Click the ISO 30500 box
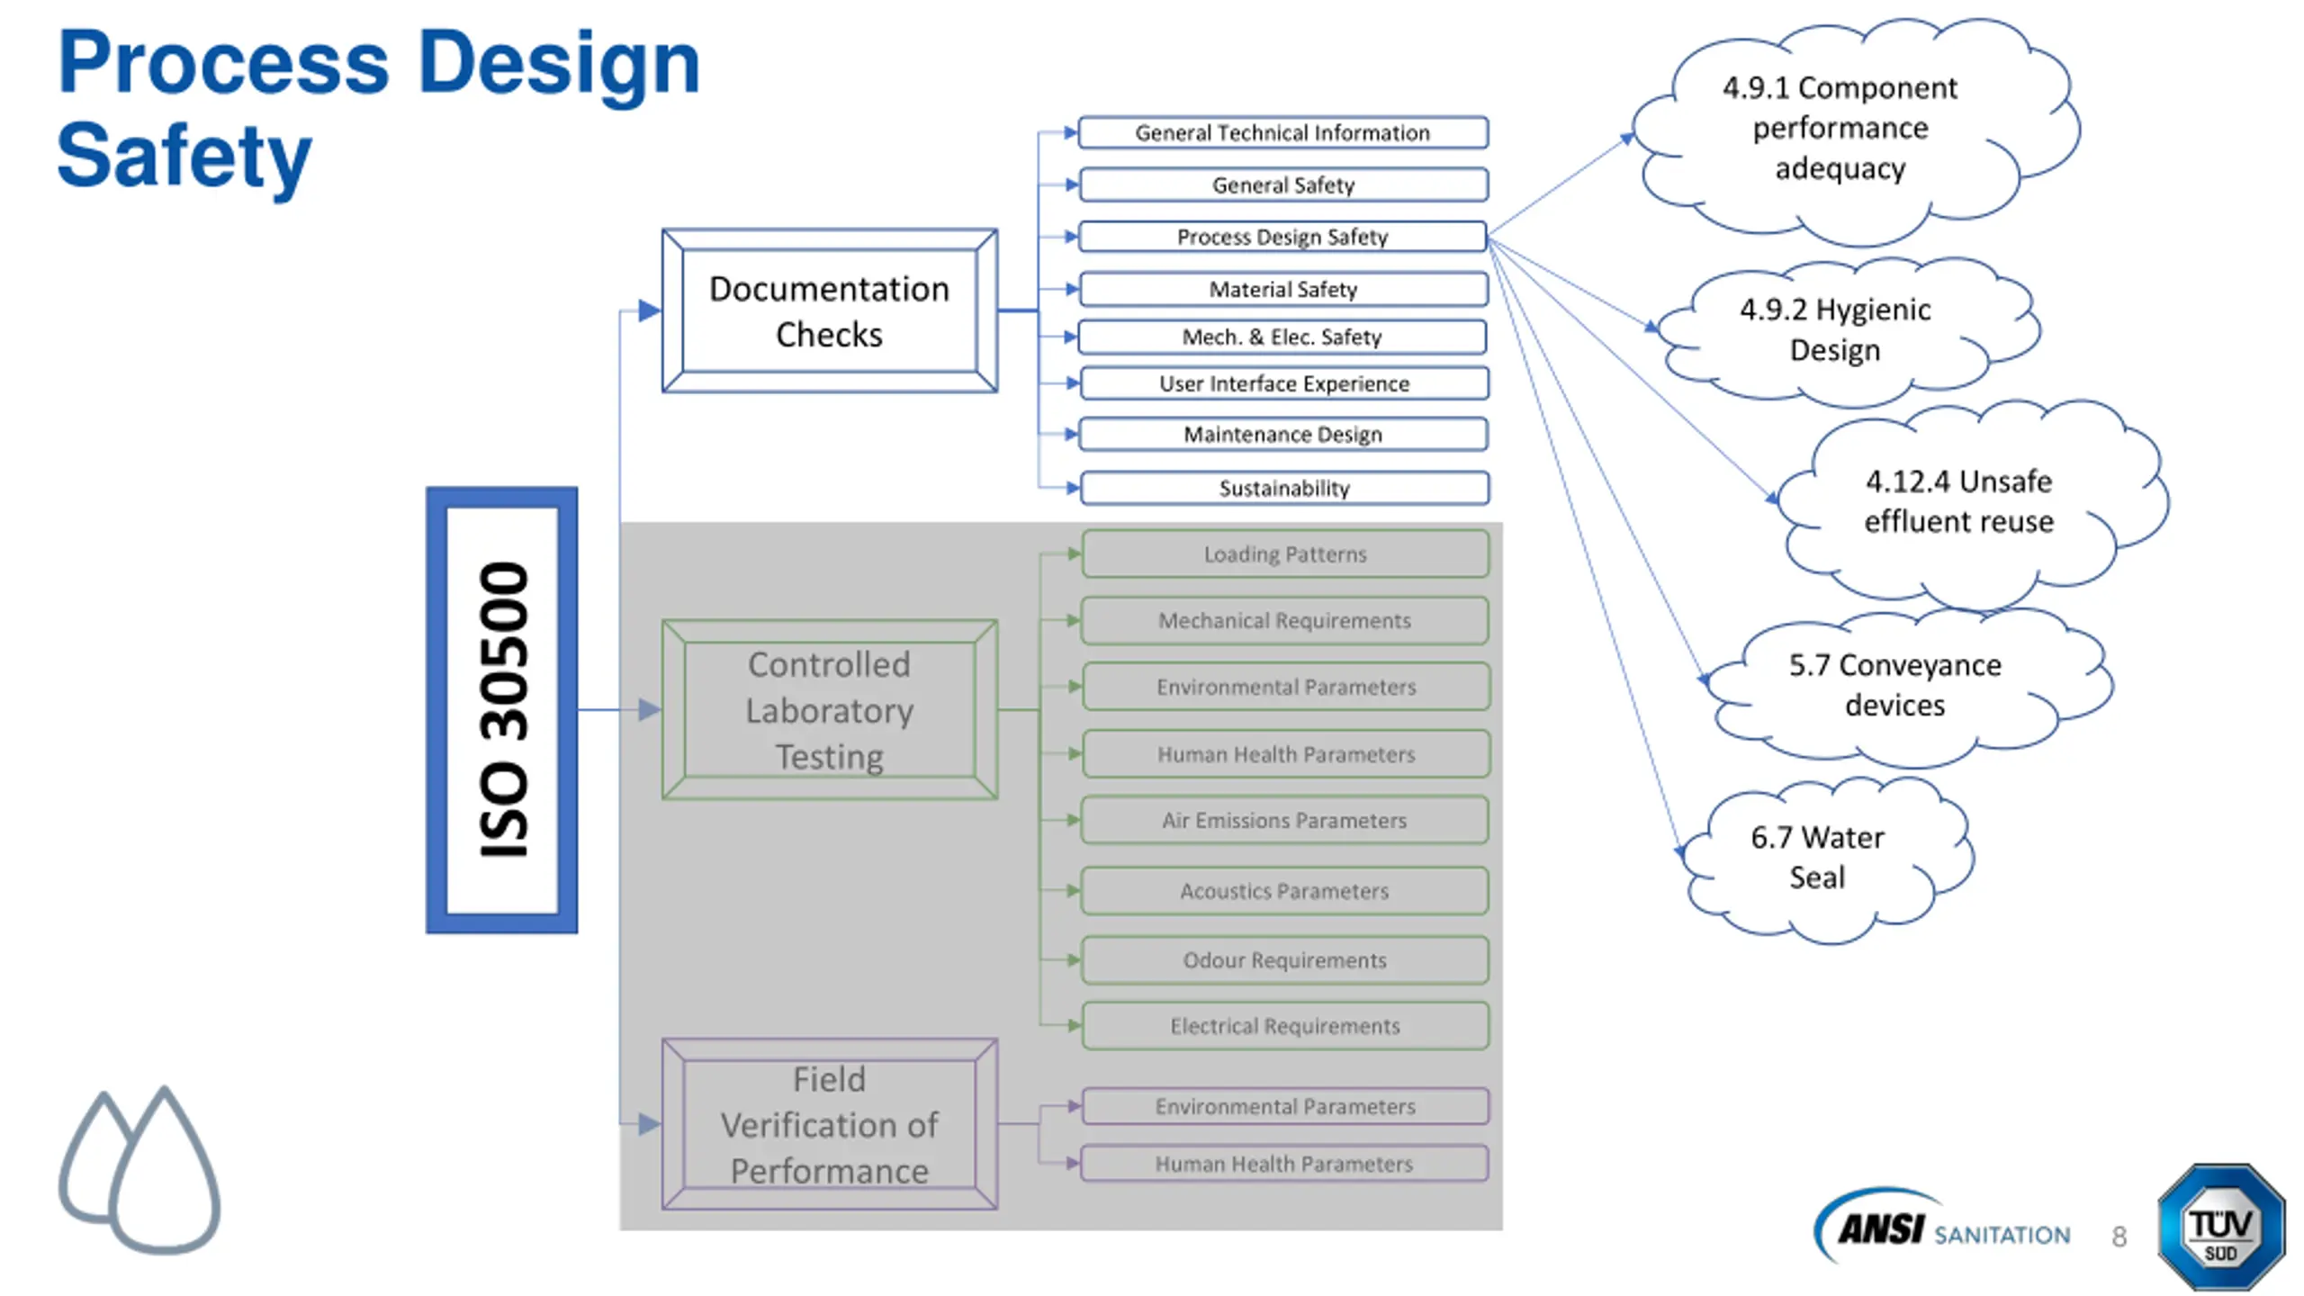point(501,710)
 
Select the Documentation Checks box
point(829,310)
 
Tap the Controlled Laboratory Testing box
point(829,710)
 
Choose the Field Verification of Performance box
point(829,1124)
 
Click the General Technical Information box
point(1282,132)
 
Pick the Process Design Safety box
point(1282,237)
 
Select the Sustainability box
point(1284,488)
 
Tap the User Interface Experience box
point(1284,383)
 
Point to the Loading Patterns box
point(1285,553)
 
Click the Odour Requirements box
point(1285,960)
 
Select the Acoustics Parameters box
point(1284,891)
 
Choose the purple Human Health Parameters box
point(1284,1164)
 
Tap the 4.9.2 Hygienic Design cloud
point(1848,331)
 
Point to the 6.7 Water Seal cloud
point(1827,859)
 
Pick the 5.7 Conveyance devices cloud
point(1908,687)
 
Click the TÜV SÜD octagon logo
point(2221,1227)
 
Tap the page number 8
point(2119,1237)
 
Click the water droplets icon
point(139,1170)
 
